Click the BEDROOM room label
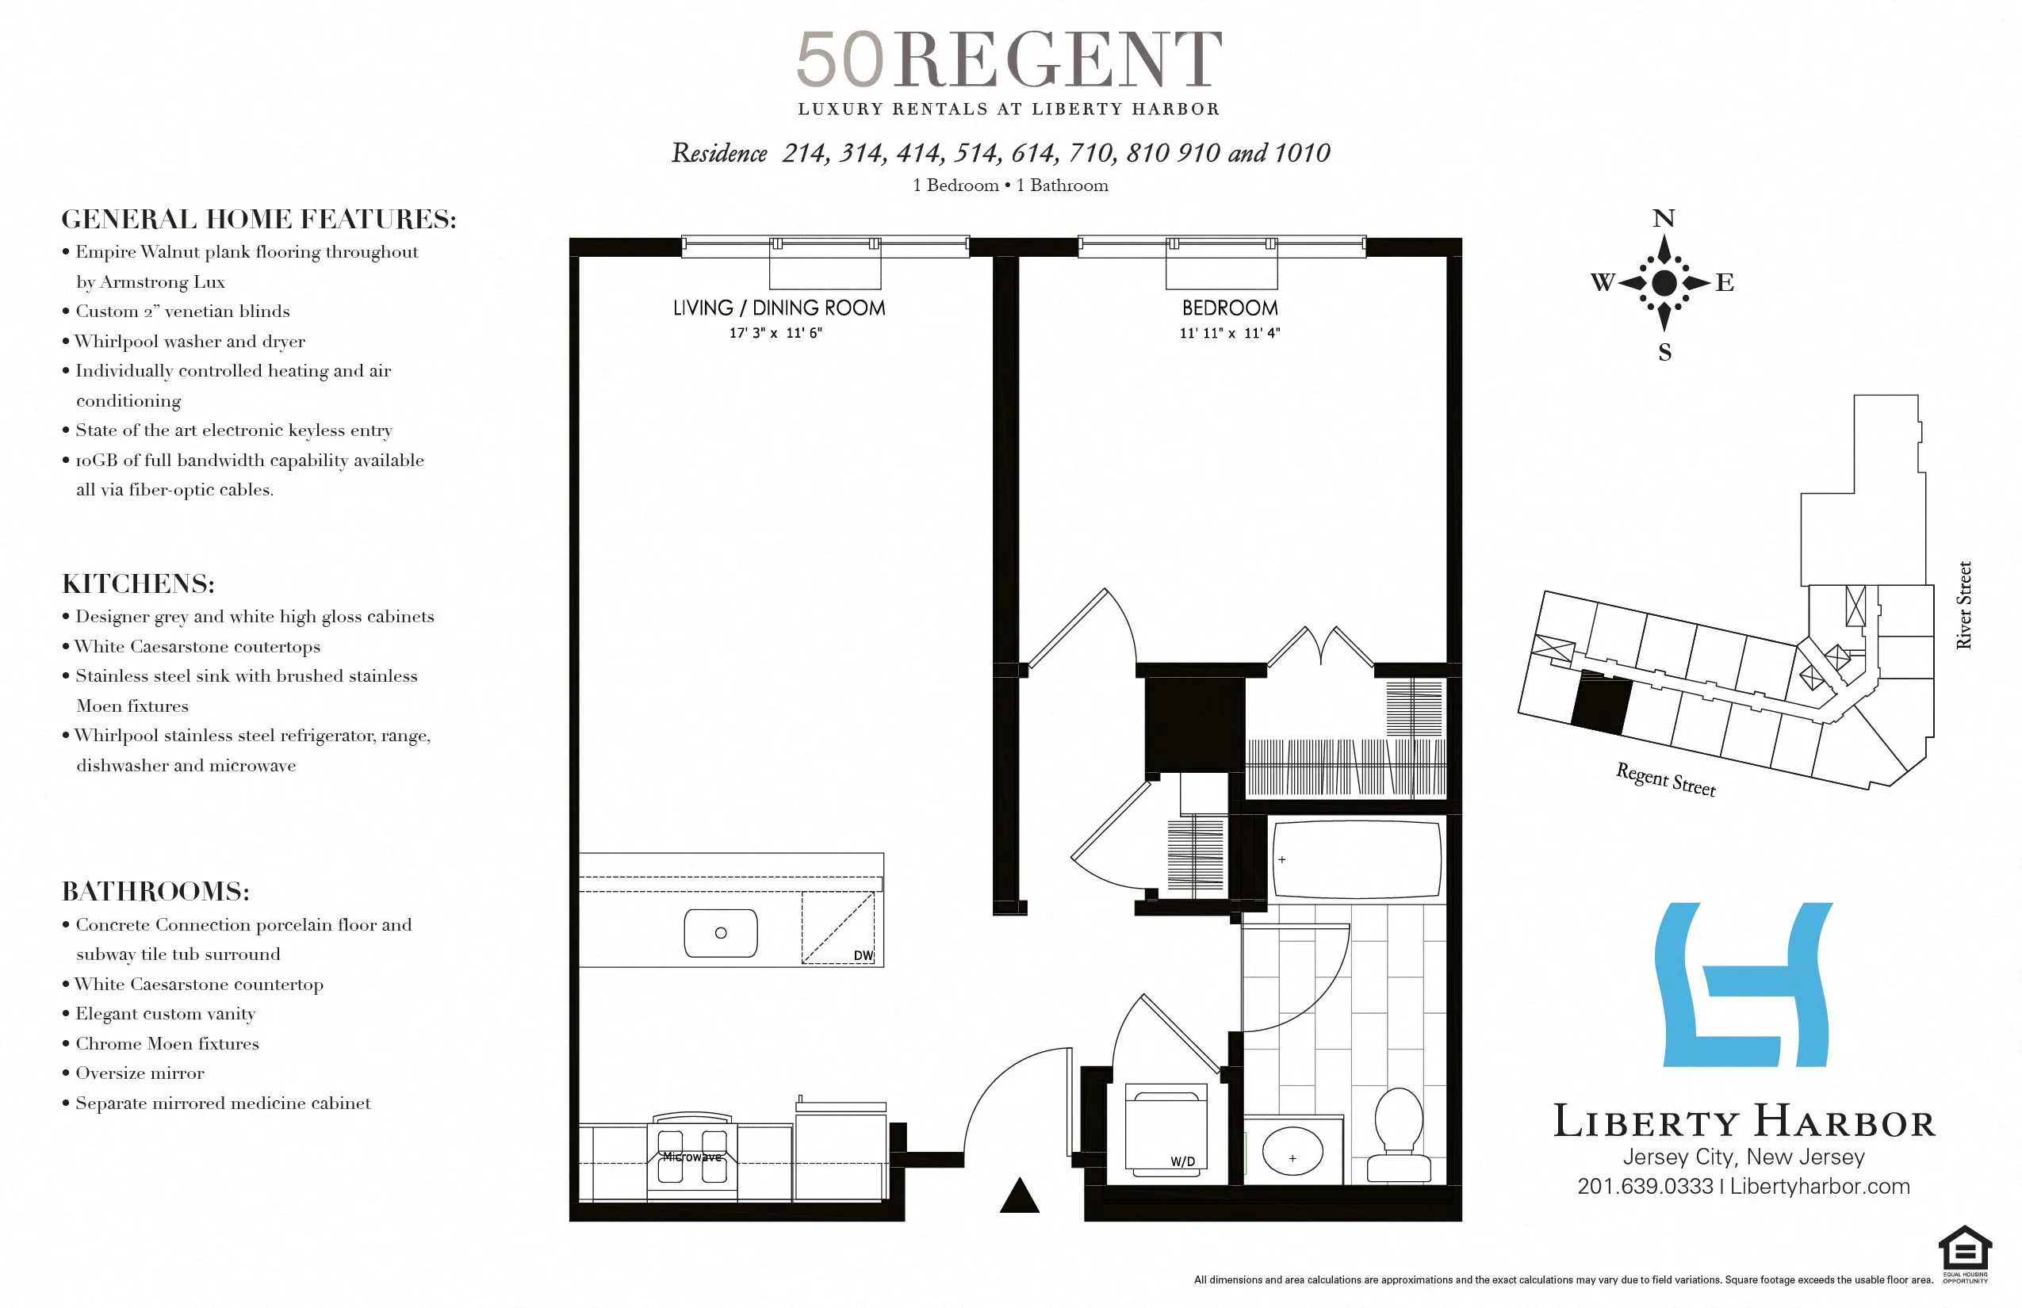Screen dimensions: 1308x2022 pos(1229,308)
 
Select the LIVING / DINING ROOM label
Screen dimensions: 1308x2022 pos(778,308)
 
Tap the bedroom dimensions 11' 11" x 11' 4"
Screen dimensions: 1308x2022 pos(1229,333)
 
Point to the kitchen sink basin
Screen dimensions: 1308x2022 pos(721,932)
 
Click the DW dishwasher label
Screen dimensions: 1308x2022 pos(864,955)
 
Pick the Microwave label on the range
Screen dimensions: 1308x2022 pos(691,1157)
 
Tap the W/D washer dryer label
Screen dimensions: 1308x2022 pos(1182,1162)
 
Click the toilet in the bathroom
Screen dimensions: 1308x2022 pos(1399,1134)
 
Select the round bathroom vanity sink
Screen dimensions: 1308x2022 pos(1292,1153)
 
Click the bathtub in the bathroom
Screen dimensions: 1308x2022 pos(1356,859)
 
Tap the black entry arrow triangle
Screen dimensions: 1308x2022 pos(1020,1196)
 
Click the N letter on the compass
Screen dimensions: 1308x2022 pos(1664,219)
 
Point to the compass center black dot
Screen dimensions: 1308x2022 pos(1664,283)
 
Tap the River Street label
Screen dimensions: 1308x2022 pos(1963,605)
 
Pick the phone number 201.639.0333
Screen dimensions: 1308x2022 pos(1645,1187)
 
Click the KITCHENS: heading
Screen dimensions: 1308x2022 pos(139,584)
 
